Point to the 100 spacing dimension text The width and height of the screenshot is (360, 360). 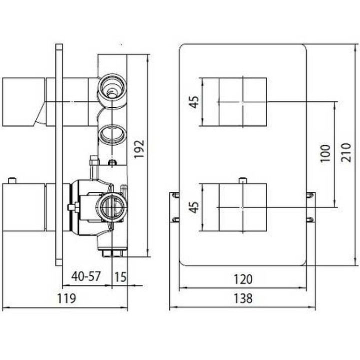(x=325, y=154)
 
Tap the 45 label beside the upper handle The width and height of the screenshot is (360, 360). (x=194, y=101)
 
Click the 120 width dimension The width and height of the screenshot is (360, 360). (x=243, y=279)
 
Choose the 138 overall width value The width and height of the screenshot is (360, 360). (x=243, y=299)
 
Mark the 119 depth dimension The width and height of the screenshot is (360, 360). (x=66, y=299)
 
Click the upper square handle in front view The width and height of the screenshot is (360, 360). (x=242, y=102)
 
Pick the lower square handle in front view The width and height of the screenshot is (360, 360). (x=242, y=207)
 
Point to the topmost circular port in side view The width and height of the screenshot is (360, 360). (x=111, y=87)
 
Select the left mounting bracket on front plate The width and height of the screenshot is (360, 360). (x=174, y=206)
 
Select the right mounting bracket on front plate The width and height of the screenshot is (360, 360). (x=310, y=206)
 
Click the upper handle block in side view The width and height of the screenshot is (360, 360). (x=23, y=101)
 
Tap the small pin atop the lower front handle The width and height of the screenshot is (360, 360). (x=242, y=180)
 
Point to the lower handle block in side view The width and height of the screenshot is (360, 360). (x=23, y=207)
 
